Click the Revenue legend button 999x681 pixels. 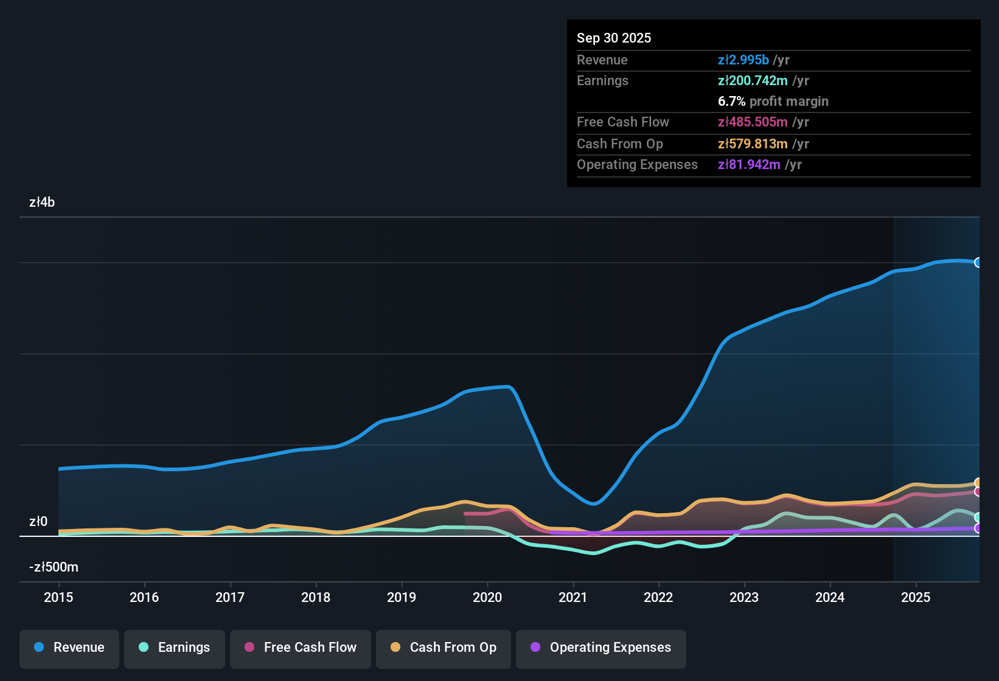(69, 648)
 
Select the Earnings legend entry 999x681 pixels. (175, 648)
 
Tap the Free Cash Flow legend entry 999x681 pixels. (301, 648)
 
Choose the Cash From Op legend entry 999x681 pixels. (444, 648)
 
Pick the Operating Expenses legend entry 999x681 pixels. (601, 648)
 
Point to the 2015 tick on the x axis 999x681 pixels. (58, 597)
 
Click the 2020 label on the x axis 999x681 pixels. (487, 597)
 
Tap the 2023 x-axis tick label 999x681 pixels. (744, 597)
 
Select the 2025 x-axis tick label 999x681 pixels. (916, 597)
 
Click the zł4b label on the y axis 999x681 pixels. (42, 202)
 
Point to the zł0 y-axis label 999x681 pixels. (38, 522)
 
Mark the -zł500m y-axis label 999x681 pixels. (54, 567)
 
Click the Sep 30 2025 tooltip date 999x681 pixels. (614, 38)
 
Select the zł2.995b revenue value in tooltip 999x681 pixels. (743, 60)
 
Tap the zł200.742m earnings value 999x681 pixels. (753, 80)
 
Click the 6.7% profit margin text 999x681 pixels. (773, 101)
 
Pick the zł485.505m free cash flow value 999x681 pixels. (753, 122)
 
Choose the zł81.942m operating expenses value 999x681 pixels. (749, 164)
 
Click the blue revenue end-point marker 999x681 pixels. (978, 263)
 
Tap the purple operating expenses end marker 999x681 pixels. (978, 528)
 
